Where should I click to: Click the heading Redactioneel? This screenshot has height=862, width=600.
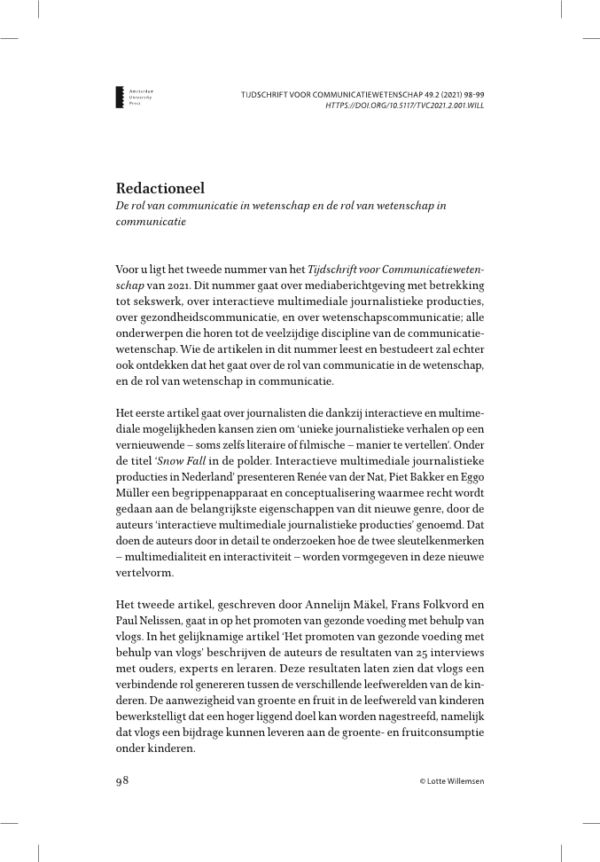[160, 188]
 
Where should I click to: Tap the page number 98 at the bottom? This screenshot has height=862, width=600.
[123, 780]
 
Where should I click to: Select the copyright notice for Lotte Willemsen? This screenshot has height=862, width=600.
[452, 781]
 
